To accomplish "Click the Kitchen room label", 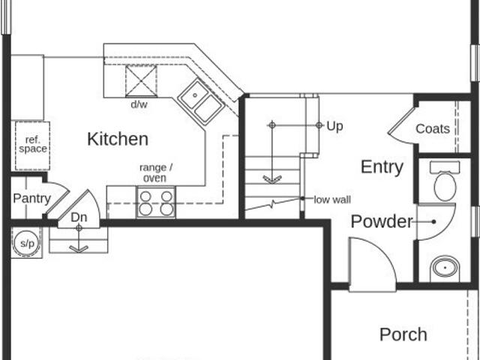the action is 118,139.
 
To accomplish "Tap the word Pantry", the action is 31,199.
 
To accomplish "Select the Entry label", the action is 382,167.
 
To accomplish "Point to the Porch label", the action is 403,334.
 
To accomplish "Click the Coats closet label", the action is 433,128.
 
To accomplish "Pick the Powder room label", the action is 382,221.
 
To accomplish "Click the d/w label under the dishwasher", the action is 139,104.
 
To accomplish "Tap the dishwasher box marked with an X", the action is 141,81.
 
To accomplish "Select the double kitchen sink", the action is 202,102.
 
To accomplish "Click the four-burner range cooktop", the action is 156,202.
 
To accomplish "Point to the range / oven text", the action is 155,172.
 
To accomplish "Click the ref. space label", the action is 33,144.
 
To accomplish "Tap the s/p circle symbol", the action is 27,243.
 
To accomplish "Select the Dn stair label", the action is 79,217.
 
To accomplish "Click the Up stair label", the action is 334,127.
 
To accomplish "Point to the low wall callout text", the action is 332,200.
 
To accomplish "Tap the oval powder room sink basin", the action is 445,268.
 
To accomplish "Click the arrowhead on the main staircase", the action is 272,180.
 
